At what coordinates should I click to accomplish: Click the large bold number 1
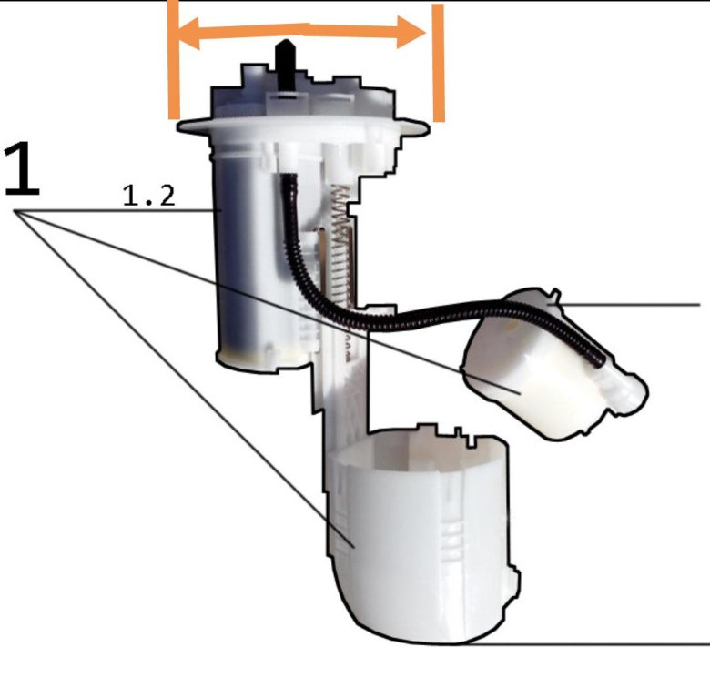click(22, 169)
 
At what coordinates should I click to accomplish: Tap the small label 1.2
click(149, 197)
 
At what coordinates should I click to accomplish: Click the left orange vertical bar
click(174, 60)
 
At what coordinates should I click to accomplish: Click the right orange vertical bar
click(439, 63)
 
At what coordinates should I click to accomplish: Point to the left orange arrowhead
click(188, 33)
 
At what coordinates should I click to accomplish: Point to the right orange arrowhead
click(411, 32)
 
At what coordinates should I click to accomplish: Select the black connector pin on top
click(285, 65)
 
